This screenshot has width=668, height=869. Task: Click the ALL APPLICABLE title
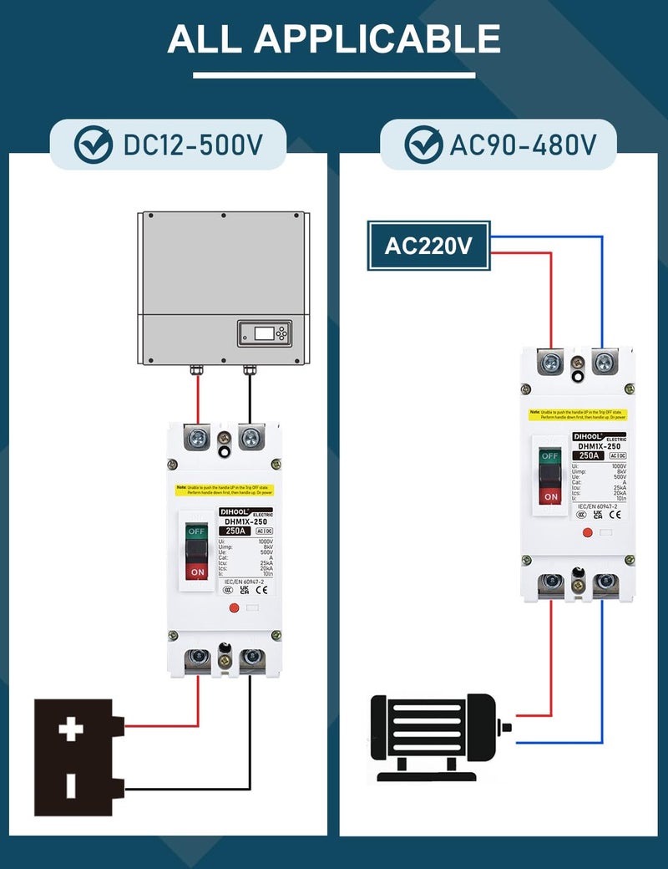click(334, 39)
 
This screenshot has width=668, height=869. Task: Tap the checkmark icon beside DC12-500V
click(93, 145)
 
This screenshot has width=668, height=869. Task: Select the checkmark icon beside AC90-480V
click(423, 145)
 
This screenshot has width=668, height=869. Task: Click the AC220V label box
click(428, 246)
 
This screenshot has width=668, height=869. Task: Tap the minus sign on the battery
click(71, 785)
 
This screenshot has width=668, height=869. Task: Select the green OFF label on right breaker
click(549, 456)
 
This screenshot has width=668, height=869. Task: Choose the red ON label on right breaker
click(550, 496)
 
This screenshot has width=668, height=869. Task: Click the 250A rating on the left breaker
click(235, 531)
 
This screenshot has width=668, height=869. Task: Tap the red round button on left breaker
click(234, 609)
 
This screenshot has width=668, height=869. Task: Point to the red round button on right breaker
click(586, 532)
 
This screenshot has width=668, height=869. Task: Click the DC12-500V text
click(193, 145)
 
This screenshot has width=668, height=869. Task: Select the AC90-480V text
click(523, 145)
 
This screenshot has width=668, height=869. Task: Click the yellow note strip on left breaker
click(224, 490)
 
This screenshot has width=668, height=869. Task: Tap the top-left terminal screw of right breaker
click(551, 363)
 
